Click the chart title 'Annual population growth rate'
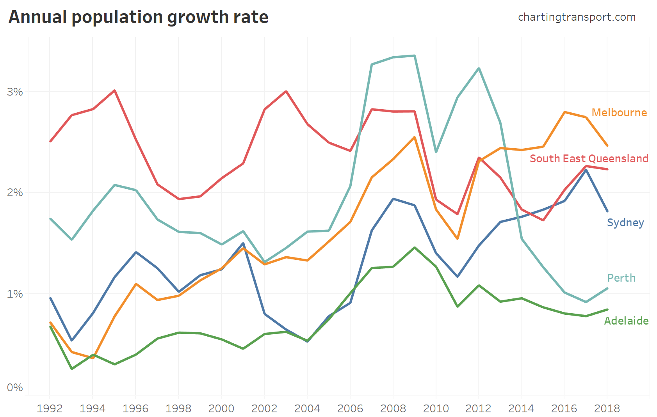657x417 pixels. click(x=138, y=18)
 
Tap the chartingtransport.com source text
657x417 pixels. click(x=577, y=18)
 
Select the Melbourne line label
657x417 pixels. click(x=619, y=113)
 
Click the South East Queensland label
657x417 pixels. click(x=589, y=159)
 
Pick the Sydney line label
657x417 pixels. click(x=625, y=223)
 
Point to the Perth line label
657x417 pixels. click(x=621, y=278)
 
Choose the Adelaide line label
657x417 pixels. click(x=626, y=321)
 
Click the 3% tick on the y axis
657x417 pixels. click(x=15, y=92)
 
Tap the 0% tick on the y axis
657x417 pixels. click(x=15, y=388)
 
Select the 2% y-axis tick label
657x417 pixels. click(x=15, y=193)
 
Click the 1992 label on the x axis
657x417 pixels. click(x=50, y=408)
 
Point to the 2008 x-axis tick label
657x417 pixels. click(x=393, y=408)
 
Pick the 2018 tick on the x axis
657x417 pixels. click(x=607, y=408)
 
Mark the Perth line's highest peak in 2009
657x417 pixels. click(x=415, y=56)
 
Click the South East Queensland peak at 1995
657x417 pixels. click(x=114, y=90)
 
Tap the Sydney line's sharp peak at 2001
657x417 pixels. click(x=243, y=243)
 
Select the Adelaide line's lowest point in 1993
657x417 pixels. click(x=71, y=369)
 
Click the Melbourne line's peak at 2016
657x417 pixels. click(x=564, y=112)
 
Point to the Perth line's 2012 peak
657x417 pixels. click(x=479, y=68)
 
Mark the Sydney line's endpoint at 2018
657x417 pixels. click(x=607, y=211)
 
